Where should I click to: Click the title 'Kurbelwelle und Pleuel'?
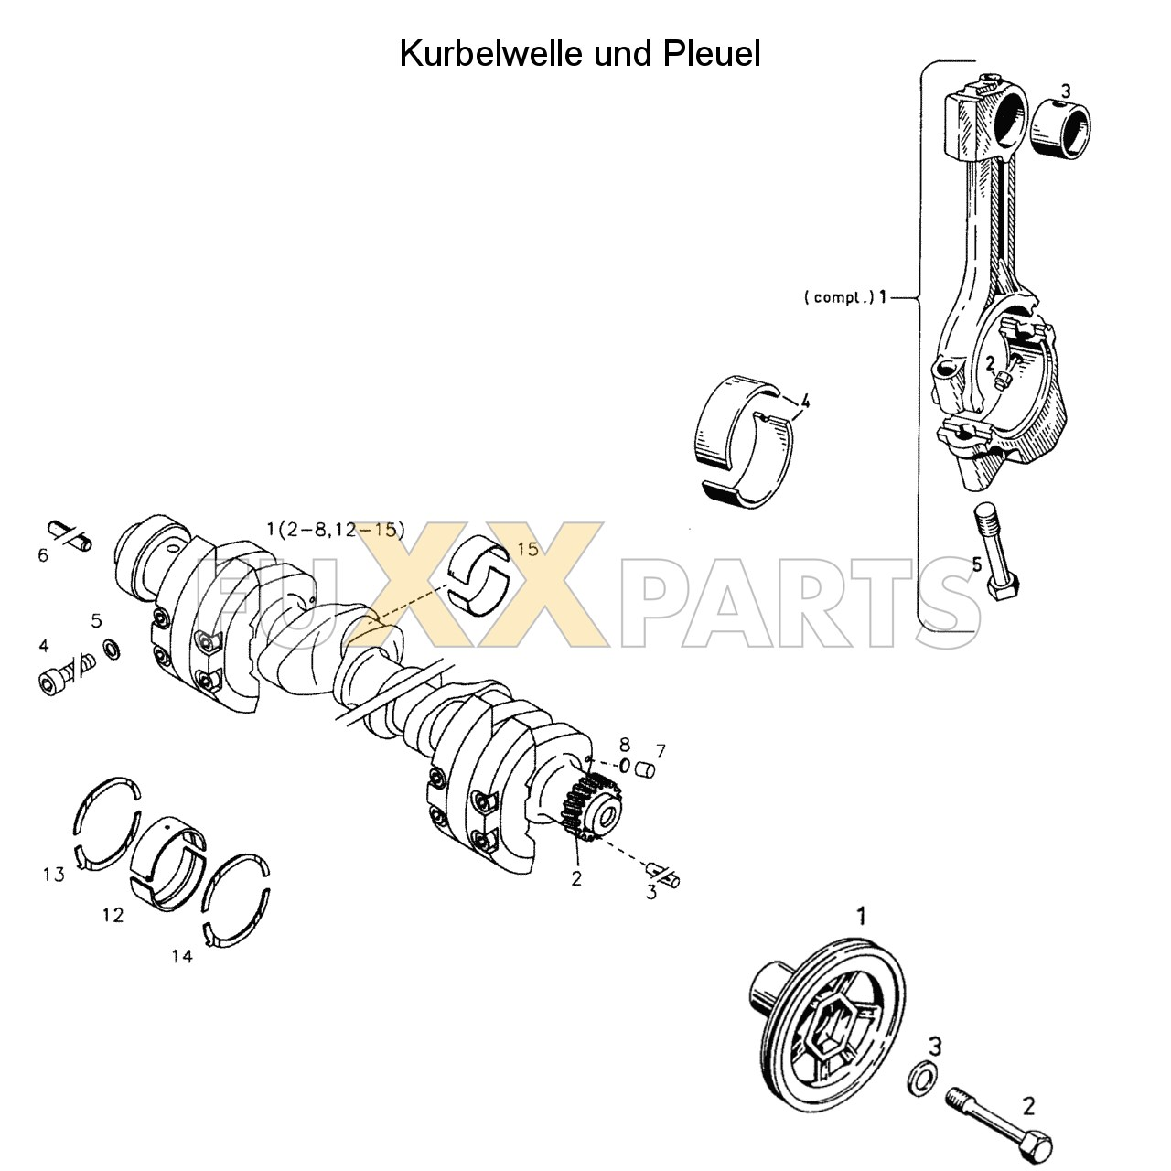tap(579, 54)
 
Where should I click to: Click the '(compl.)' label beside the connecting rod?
tap(838, 297)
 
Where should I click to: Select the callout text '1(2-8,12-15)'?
tap(335, 529)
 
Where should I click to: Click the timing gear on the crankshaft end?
tap(585, 805)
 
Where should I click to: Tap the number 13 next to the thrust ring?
tap(54, 875)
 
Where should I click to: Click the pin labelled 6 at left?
tap(70, 534)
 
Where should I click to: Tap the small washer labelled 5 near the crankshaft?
tap(112, 649)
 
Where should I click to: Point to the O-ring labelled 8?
tap(625, 765)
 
